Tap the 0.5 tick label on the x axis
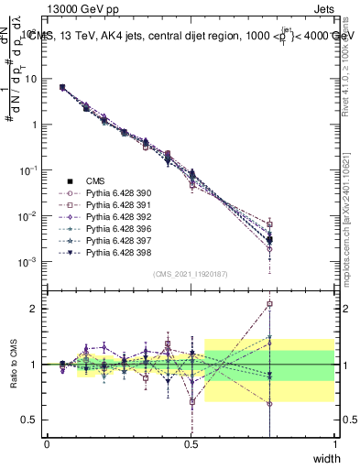[191, 443]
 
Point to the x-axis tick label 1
[334, 443]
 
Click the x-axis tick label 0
[48, 443]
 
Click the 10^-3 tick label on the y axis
[27, 262]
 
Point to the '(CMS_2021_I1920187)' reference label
[191, 274]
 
